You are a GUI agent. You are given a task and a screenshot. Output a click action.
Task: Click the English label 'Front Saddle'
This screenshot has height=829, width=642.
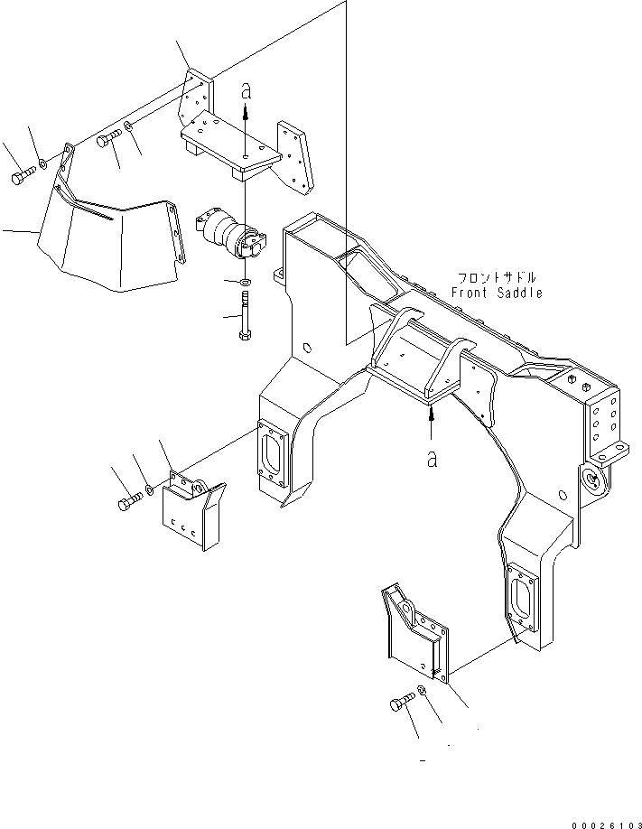point(497,293)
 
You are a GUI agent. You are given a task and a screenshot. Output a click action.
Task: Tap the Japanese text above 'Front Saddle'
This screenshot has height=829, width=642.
point(497,277)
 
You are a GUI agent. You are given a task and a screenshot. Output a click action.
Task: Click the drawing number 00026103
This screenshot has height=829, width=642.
point(605,824)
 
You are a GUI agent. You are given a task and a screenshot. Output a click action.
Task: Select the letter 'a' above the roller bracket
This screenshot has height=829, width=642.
point(246,90)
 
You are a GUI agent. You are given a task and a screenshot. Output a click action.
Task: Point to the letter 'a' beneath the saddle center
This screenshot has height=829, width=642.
point(433,459)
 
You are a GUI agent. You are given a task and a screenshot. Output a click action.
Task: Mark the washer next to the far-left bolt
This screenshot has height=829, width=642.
point(42,165)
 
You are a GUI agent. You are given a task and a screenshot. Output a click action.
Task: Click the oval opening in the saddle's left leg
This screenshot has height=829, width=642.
point(272,451)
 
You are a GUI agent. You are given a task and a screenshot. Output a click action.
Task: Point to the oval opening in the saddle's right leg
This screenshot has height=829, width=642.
point(521,600)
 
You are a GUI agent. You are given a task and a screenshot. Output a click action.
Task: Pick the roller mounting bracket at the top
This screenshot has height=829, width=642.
point(244,144)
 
